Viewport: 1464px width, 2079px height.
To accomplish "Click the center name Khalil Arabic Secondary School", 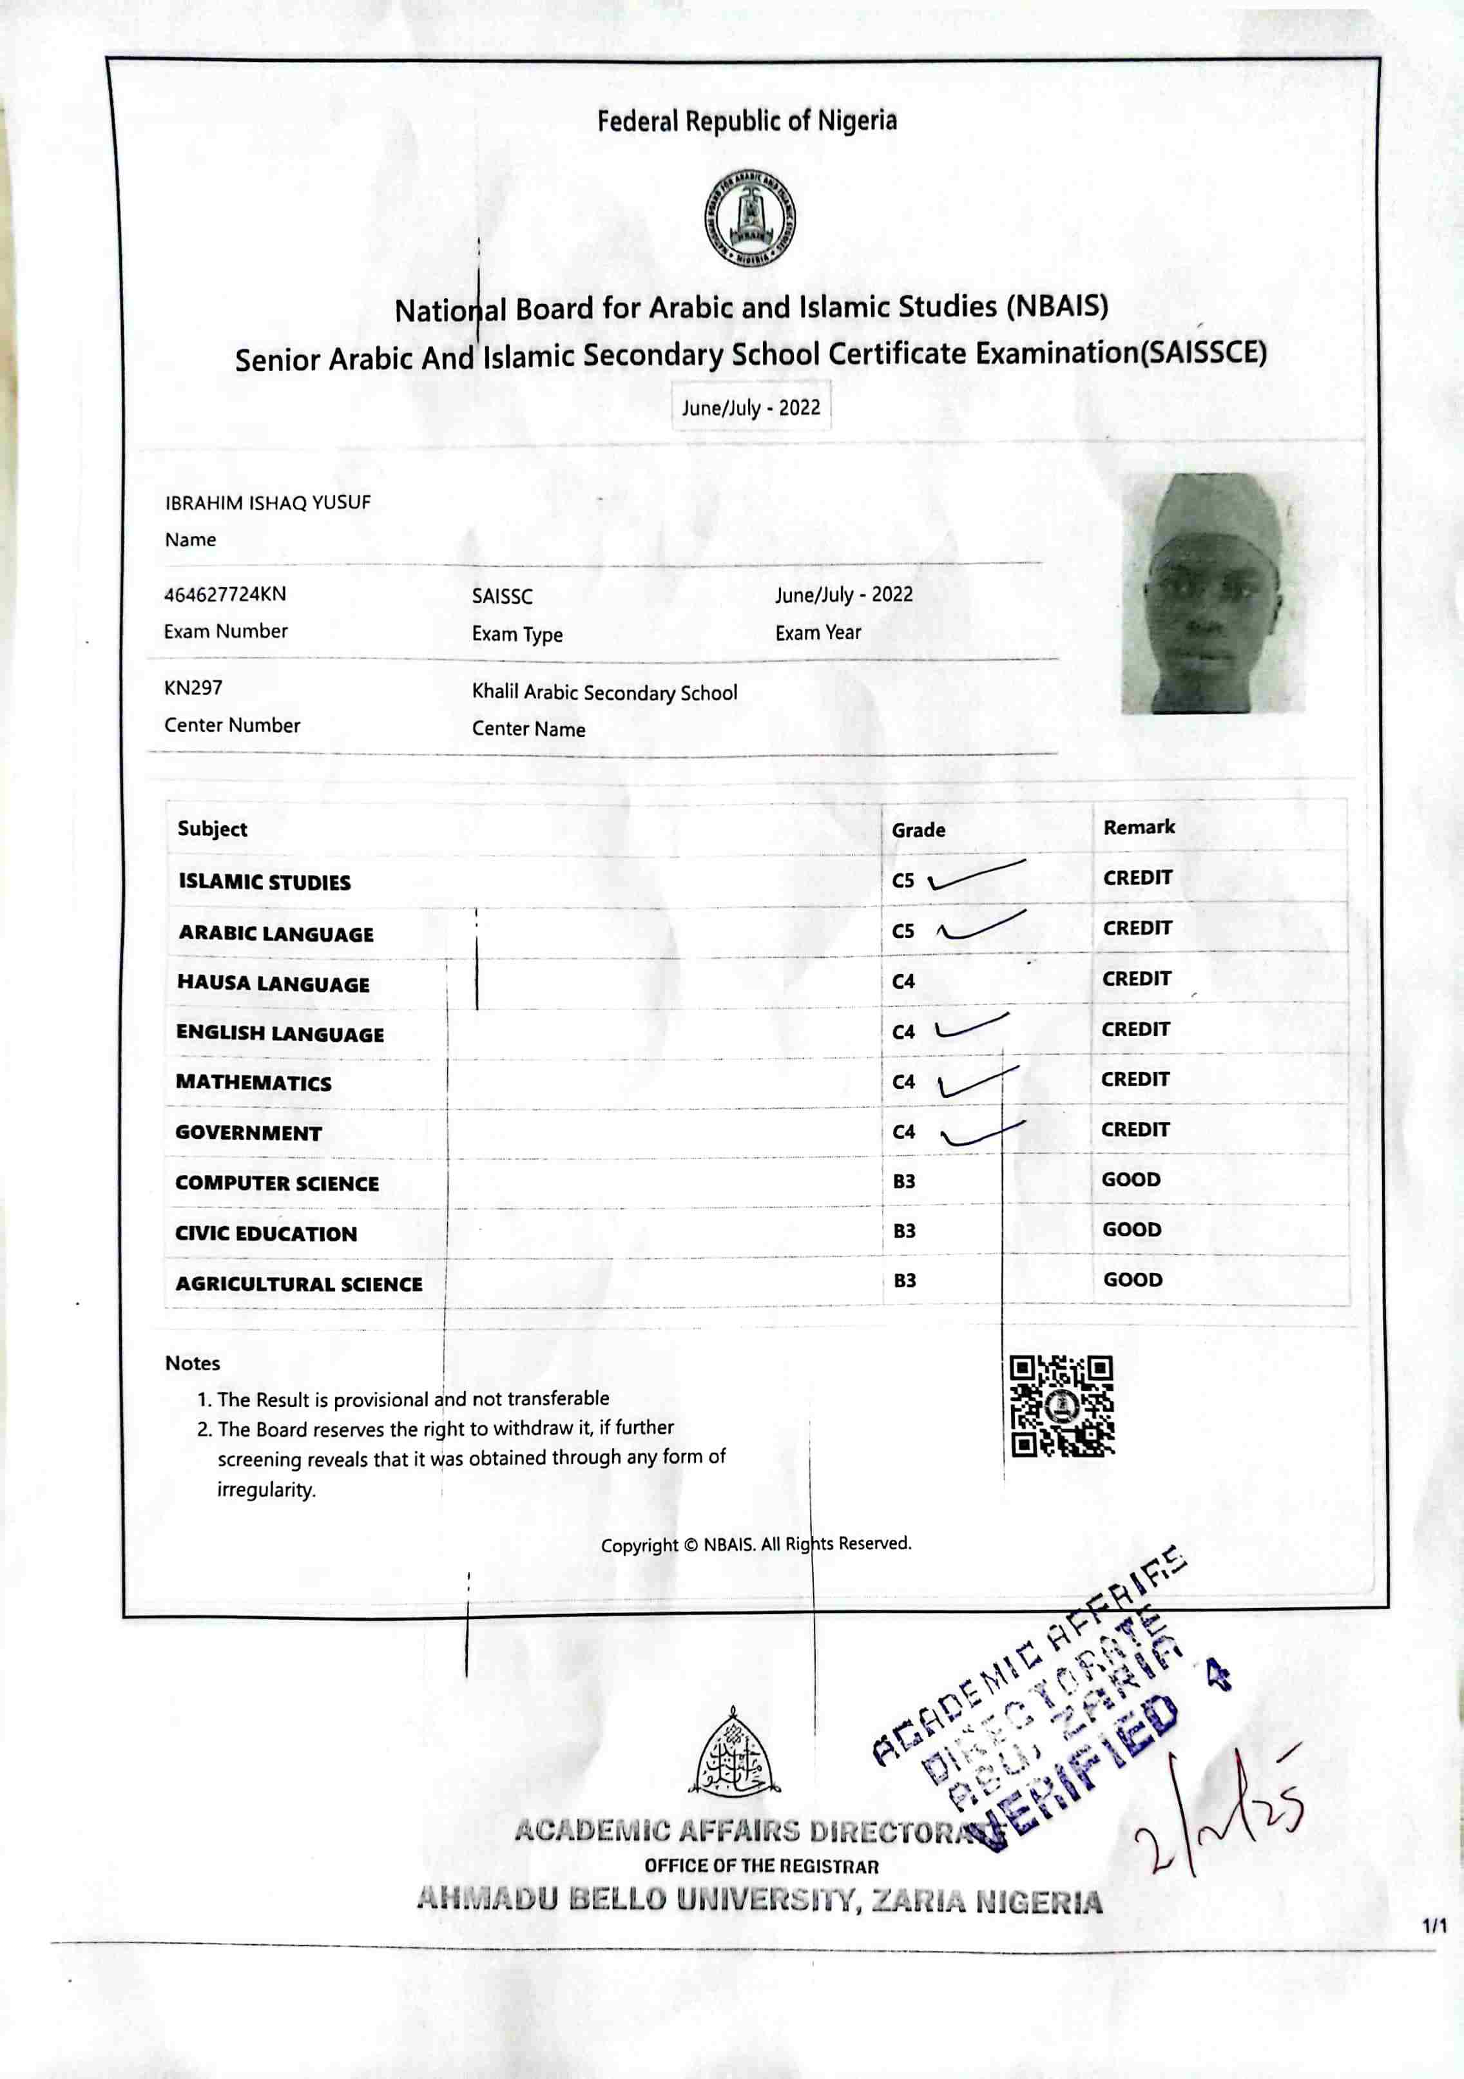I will (x=604, y=693).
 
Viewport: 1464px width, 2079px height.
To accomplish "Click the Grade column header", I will (x=918, y=830).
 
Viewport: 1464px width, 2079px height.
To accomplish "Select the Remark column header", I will (x=1139, y=828).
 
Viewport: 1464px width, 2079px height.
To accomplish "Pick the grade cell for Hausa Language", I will (x=903, y=982).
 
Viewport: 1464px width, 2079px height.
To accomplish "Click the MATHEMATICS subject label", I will (x=253, y=1084).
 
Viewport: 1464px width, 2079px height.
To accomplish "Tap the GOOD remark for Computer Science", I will (x=1131, y=1180).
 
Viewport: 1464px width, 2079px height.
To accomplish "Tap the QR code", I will (x=1061, y=1406).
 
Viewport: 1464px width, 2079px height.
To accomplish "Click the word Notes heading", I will (x=192, y=1364).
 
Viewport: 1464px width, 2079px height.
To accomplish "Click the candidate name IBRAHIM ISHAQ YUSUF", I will (x=268, y=503).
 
